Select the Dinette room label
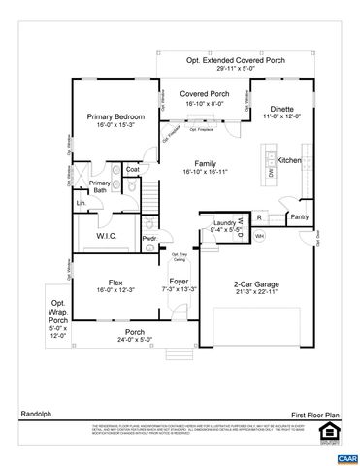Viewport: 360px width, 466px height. [281, 109]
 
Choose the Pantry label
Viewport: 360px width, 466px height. [300, 216]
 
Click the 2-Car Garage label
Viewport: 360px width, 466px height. [256, 284]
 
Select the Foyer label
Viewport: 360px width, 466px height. [182, 281]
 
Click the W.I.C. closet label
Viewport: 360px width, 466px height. [107, 235]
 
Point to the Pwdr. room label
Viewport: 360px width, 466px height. [149, 238]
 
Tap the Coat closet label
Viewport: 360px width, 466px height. [133, 169]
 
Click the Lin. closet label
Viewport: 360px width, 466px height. [81, 202]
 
